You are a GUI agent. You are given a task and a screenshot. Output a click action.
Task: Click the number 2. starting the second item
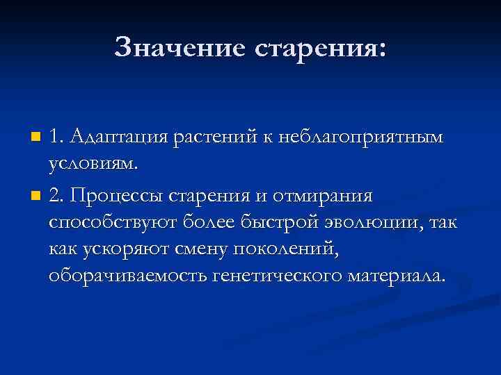[56, 197]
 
